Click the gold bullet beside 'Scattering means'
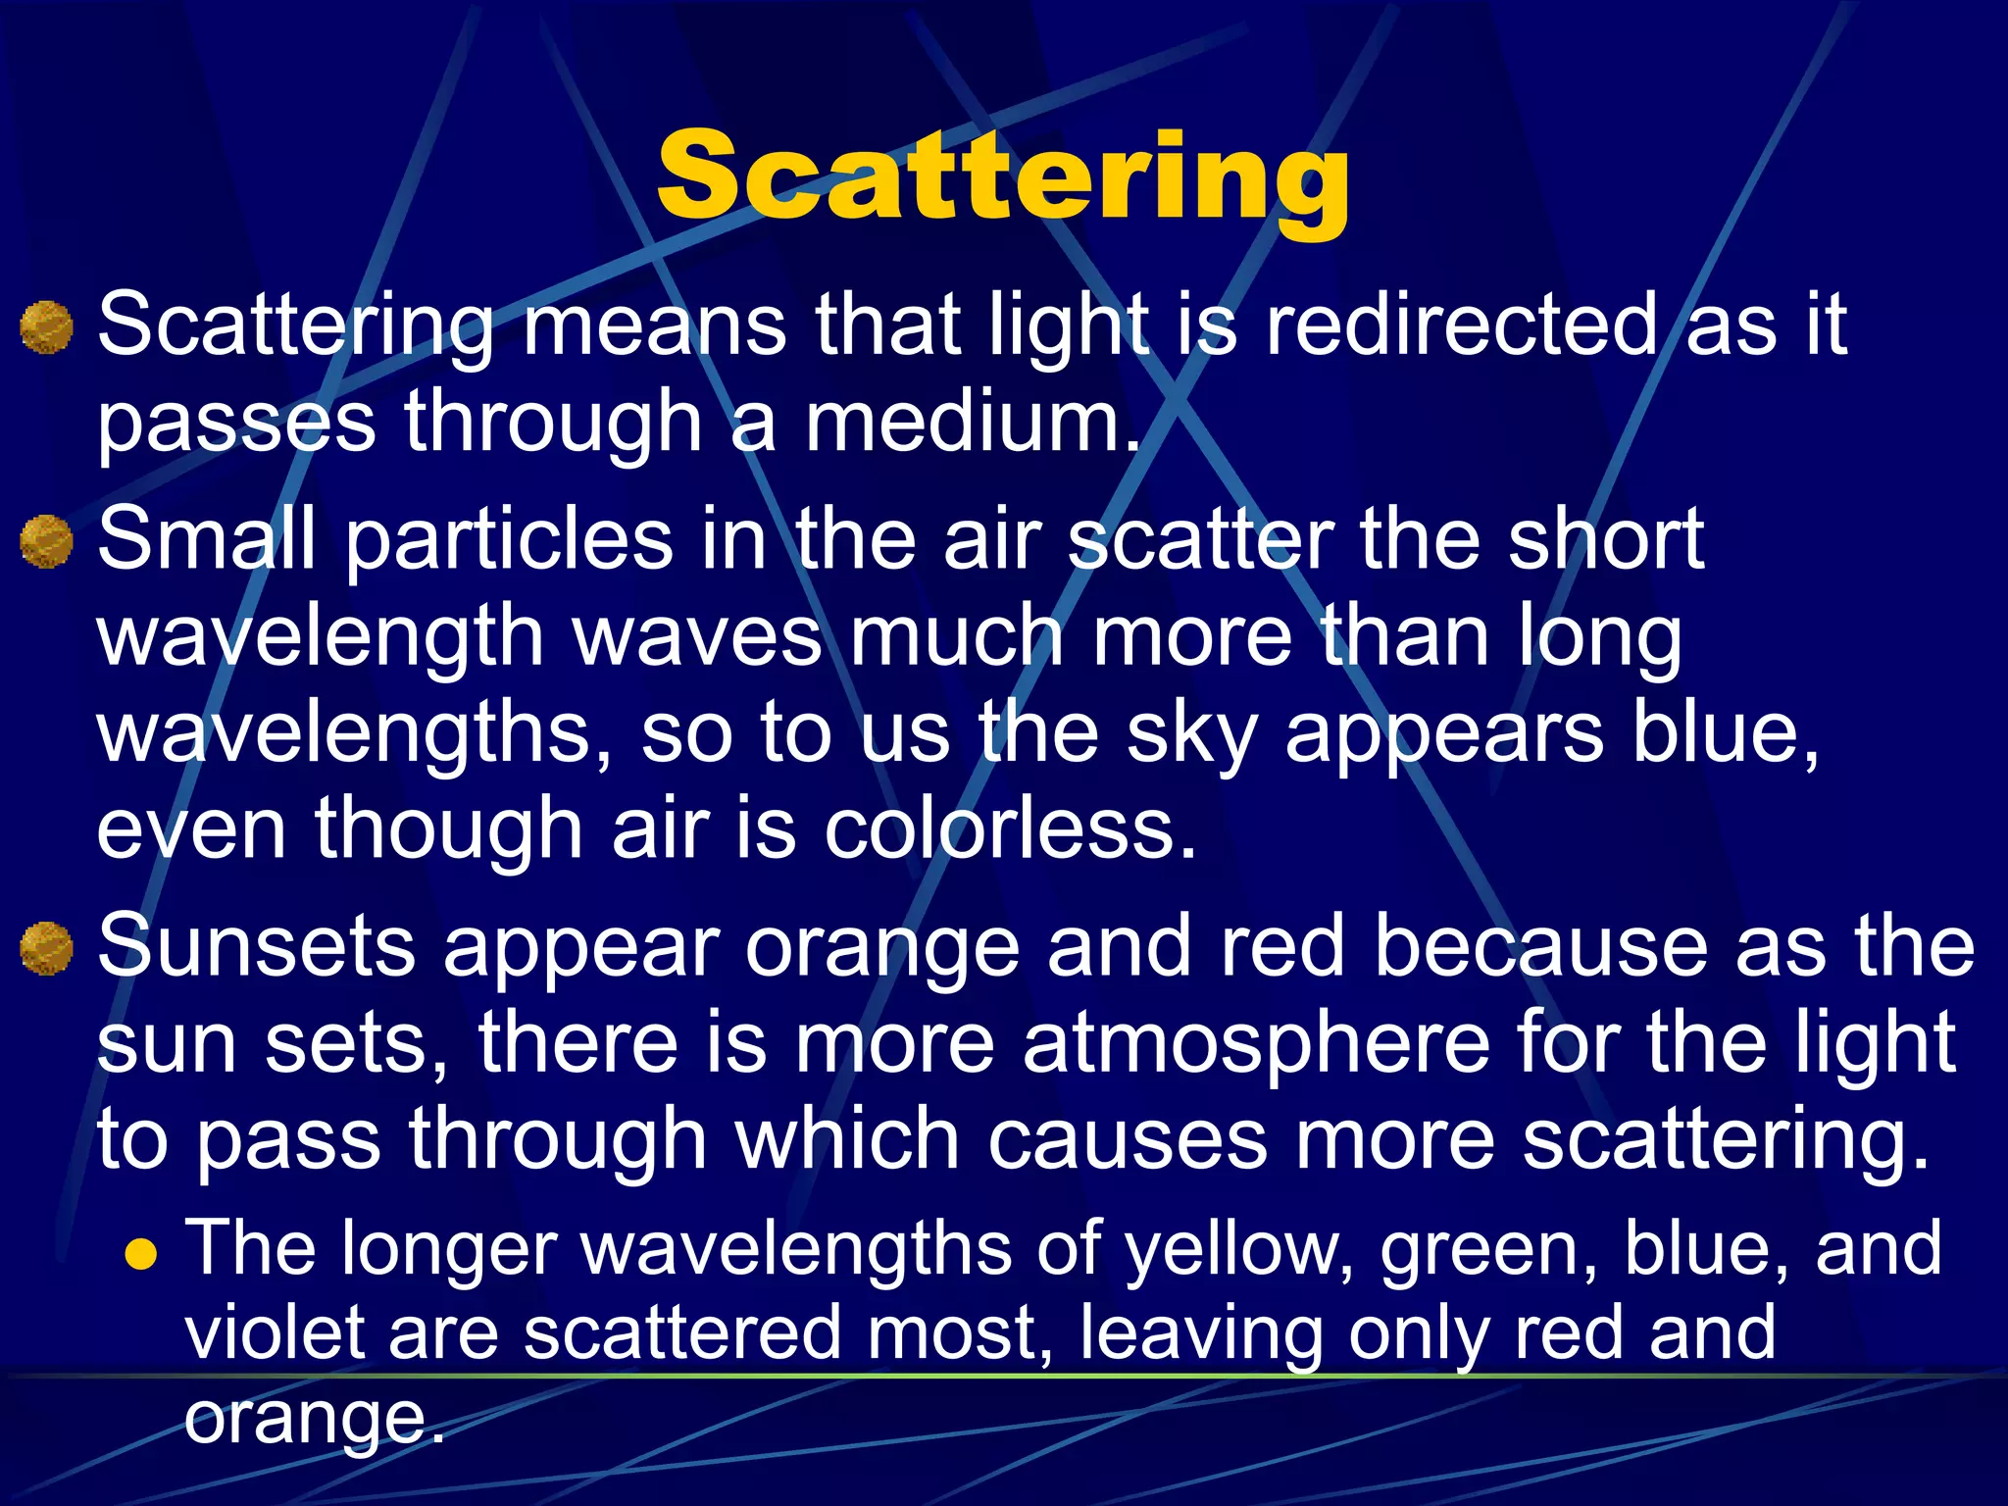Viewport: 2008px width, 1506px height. click(46, 327)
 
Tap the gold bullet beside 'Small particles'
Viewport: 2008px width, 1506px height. click(46, 542)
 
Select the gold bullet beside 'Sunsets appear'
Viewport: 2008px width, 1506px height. click(46, 949)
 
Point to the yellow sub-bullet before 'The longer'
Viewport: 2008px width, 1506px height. click(142, 1254)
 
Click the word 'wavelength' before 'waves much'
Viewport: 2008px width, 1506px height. click(320, 637)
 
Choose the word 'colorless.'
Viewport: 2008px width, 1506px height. click(1010, 829)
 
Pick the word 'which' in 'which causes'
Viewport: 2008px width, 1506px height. click(847, 1139)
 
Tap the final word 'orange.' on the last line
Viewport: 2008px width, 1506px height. click(314, 1418)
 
